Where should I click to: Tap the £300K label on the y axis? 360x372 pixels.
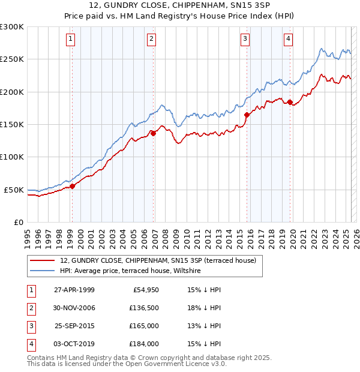click(x=12, y=27)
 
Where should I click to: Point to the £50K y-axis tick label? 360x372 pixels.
click(x=14, y=190)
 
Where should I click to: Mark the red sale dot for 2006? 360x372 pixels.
click(x=153, y=133)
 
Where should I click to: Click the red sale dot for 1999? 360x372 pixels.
click(x=72, y=186)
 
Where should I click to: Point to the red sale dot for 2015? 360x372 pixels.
click(x=247, y=115)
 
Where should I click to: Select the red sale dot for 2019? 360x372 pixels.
click(x=290, y=102)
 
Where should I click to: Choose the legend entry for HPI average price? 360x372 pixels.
click(x=130, y=271)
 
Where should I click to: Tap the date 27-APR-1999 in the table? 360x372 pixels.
click(x=74, y=290)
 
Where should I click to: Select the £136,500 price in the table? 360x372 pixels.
click(x=144, y=308)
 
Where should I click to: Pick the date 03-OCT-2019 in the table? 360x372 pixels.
click(x=74, y=344)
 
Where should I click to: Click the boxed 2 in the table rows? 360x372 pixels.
click(x=31, y=308)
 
